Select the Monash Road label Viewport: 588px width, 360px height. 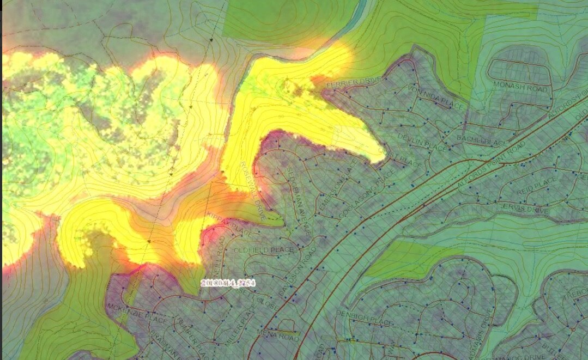coord(513,86)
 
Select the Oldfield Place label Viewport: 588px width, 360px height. coord(264,249)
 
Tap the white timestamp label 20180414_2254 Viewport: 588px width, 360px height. coord(228,282)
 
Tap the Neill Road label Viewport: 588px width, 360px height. coord(217,256)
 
